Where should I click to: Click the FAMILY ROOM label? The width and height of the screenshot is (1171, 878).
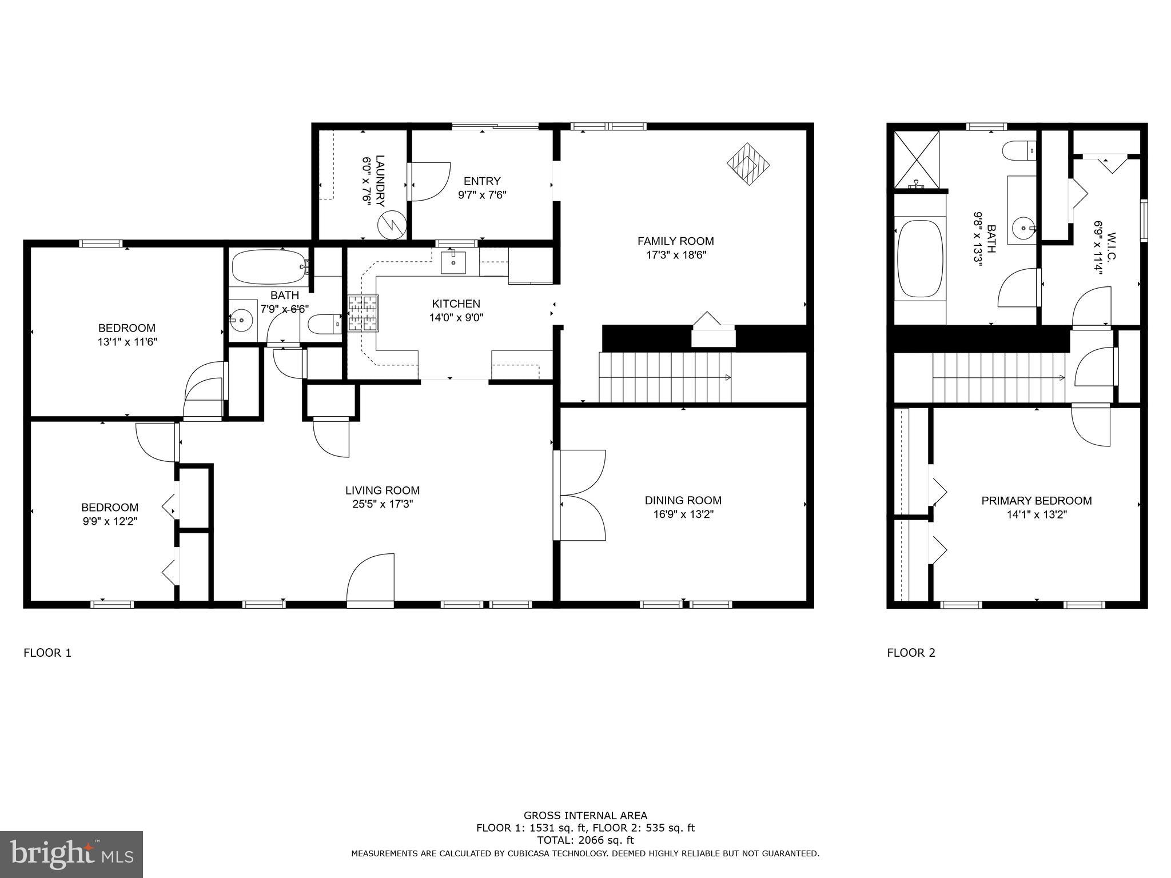675,241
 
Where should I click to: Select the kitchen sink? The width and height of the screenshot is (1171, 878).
453,262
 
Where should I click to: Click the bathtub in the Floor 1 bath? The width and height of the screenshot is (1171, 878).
269,268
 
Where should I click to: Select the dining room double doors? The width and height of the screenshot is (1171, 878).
580,495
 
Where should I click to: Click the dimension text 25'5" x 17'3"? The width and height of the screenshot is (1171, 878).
383,504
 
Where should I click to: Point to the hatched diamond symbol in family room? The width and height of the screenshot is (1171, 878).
748,163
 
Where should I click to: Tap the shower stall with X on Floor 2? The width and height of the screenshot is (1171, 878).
917,159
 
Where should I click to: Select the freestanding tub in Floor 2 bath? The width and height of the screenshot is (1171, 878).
919,258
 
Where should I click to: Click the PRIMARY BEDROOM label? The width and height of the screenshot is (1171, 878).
1036,501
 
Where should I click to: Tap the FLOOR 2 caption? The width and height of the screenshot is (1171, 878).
911,653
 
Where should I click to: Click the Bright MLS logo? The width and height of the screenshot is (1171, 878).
71,854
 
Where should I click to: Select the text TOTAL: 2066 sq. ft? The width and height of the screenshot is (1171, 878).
585,840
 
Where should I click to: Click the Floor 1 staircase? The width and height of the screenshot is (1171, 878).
666,377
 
